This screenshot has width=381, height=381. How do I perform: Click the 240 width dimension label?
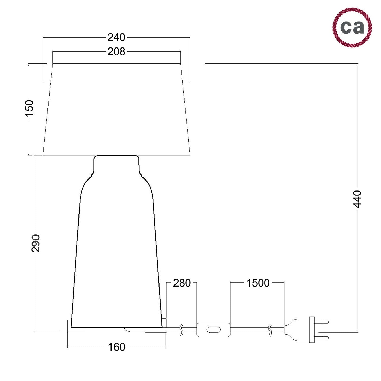(x=116, y=38)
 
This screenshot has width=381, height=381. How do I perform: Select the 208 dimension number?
(x=116, y=52)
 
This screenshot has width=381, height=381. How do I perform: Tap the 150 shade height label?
(x=29, y=108)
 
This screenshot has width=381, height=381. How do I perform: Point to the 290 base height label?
(x=36, y=243)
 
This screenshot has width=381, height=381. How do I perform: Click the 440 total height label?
(x=357, y=199)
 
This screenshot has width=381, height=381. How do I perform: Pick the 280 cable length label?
(x=182, y=283)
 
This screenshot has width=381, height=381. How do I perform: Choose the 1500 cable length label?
(x=258, y=283)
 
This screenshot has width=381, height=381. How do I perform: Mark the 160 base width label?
(x=117, y=347)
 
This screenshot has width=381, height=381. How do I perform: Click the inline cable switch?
(x=213, y=330)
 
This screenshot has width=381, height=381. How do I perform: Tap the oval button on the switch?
(x=213, y=330)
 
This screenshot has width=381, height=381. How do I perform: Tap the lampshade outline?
(x=117, y=109)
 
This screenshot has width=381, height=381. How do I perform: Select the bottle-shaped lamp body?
(x=117, y=254)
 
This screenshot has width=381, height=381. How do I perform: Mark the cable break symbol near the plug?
(x=270, y=330)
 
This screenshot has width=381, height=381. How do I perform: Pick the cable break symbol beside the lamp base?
(x=182, y=330)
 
